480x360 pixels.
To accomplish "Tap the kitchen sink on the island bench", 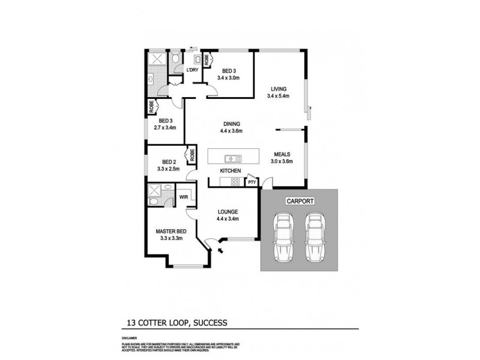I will click(232, 159).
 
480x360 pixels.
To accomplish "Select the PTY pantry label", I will click(252, 181).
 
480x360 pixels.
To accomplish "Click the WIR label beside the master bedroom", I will click(182, 197).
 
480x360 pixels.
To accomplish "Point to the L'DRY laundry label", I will click(192, 70).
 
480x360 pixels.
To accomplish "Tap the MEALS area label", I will click(282, 154).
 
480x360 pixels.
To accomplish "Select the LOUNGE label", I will click(229, 211).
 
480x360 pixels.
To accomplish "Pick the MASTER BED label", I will click(171, 231).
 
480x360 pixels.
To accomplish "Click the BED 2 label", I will click(169, 162).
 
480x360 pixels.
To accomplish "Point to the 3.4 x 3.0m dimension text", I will click(229, 77).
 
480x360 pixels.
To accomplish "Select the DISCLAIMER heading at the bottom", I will click(129, 338).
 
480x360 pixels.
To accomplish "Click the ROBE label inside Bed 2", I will click(192, 155).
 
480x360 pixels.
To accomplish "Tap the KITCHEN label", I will click(230, 171).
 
